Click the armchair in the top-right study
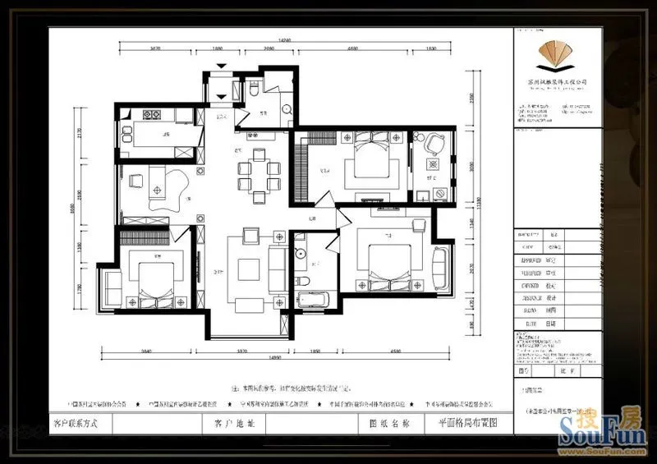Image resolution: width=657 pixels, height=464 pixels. click(434, 145)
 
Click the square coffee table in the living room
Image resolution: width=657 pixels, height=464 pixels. click(249, 269)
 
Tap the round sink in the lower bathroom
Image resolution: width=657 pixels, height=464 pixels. click(301, 254)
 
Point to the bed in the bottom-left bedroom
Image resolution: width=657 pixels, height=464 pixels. click(151, 278)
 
